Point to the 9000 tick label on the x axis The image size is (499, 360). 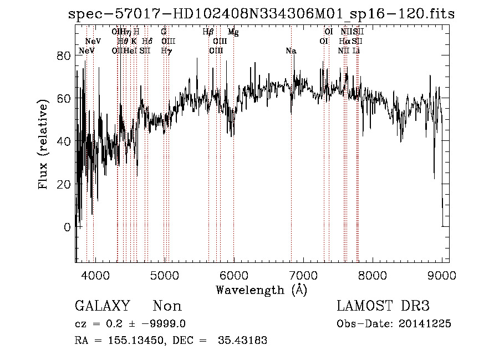(442, 275)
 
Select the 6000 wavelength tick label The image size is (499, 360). (233, 275)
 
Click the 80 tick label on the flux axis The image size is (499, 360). (65, 56)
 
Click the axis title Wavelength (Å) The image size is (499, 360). (261, 290)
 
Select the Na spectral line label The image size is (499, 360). (291, 51)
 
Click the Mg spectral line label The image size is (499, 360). (233, 32)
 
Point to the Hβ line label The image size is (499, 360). (208, 32)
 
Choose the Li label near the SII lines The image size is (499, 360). (357, 51)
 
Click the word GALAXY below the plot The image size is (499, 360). (102, 306)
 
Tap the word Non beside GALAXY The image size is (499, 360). (167, 306)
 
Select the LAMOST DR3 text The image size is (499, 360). (383, 306)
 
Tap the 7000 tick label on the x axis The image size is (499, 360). (303, 275)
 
